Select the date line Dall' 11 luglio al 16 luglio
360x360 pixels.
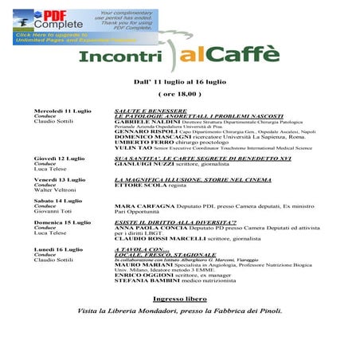click(178, 81)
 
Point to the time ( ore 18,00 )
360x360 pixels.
click(178, 94)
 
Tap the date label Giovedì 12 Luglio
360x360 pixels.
click(59, 158)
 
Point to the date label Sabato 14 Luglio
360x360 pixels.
click(57, 201)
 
